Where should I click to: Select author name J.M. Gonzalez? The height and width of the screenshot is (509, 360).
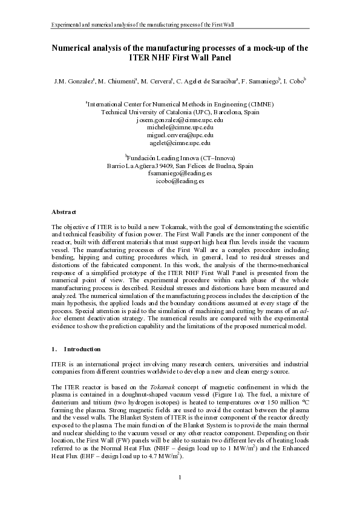pyautogui.click(x=70, y=80)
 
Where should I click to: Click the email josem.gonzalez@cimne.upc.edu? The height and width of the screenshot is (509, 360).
pyautogui.click(x=180, y=120)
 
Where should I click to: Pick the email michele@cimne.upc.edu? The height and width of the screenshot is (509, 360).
pyautogui.click(x=180, y=128)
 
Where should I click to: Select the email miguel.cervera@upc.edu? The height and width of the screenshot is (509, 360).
pyautogui.click(x=180, y=135)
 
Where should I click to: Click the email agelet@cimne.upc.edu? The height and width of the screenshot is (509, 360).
pyautogui.click(x=180, y=143)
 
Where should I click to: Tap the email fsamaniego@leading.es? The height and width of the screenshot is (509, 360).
pyautogui.click(x=180, y=173)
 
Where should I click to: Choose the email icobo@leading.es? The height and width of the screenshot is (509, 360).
pyautogui.click(x=180, y=181)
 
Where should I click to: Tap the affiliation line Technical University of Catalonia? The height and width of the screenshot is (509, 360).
pyautogui.click(x=180, y=112)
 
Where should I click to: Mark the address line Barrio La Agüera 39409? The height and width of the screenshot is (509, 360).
pyautogui.click(x=180, y=165)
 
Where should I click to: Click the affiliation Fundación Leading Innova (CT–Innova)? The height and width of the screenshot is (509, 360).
pyautogui.click(x=180, y=157)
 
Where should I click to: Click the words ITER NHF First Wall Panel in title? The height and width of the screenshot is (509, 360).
pyautogui.click(x=180, y=58)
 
